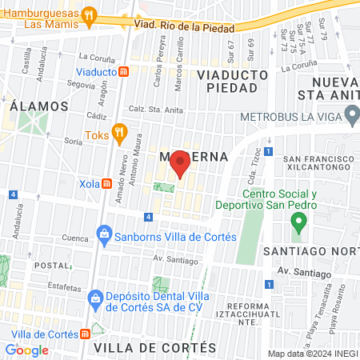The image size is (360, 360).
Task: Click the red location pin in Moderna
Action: (180, 163)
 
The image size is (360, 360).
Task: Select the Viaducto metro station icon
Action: (124, 71)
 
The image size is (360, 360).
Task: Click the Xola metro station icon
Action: (107, 183)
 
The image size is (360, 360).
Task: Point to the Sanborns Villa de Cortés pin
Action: (103, 236)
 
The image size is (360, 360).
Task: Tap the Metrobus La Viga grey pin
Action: (352, 117)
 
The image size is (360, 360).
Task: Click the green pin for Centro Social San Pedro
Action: (298, 220)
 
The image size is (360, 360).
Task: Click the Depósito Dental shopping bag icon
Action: (94, 297)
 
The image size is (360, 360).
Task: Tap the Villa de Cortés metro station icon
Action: (86, 332)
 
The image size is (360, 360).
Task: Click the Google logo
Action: (26, 350)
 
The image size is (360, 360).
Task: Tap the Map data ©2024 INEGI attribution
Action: (312, 354)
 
